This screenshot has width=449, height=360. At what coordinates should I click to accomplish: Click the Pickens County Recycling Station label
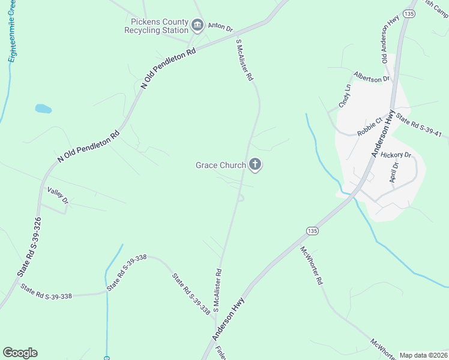[155, 25]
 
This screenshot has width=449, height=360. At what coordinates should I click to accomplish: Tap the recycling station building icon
[197, 25]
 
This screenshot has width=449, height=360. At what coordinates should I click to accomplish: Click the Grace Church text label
[221, 165]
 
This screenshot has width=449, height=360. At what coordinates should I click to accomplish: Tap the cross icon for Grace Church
[256, 164]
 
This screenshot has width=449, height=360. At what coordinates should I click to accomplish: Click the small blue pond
[43, 109]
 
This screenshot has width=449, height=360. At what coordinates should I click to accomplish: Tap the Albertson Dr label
[372, 77]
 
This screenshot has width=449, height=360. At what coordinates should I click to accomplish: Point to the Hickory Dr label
[395, 155]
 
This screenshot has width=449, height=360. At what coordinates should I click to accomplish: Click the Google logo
[20, 353]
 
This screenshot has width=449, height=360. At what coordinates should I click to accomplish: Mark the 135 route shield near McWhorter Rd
[311, 230]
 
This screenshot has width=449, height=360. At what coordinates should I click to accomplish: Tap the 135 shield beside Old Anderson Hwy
[409, 13]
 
